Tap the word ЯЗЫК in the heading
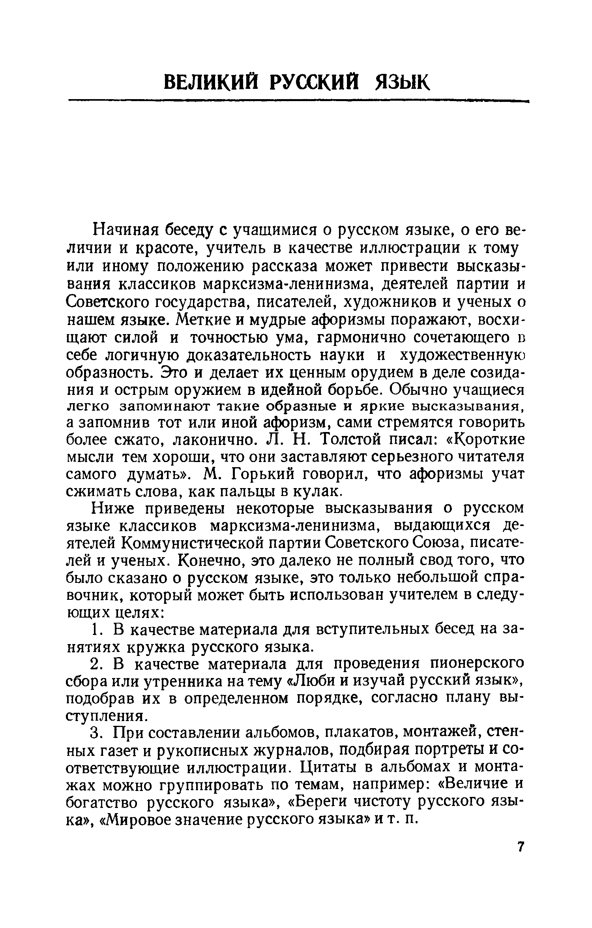click(x=401, y=83)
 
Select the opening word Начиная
click(x=126, y=230)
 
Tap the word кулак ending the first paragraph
click(x=316, y=492)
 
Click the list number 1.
click(x=97, y=630)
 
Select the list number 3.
click(x=97, y=733)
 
